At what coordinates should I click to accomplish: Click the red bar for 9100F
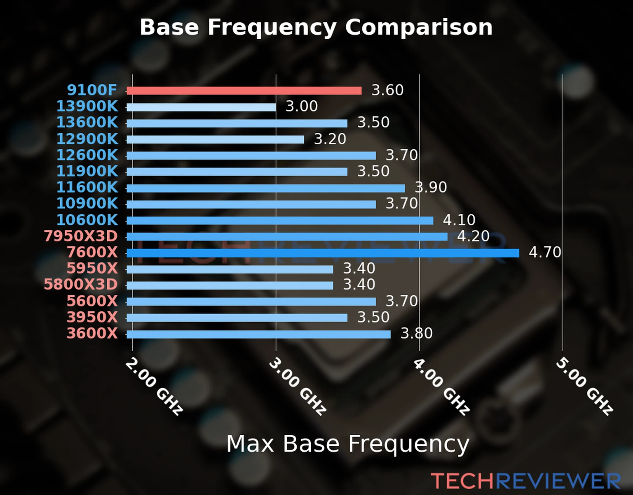coord(244,91)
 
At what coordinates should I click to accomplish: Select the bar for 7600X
coord(323,253)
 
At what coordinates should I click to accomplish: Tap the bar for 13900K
coord(201,107)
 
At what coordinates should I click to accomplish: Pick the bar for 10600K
coord(280,221)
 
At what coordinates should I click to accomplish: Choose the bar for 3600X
coord(258,334)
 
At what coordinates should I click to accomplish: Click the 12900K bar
coord(215,139)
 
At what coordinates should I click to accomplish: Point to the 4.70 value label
coord(545,252)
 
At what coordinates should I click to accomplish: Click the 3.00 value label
coord(302,106)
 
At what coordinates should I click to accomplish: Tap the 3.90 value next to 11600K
coord(431,187)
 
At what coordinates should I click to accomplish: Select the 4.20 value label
coord(473,236)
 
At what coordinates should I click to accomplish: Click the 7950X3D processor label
coord(81,236)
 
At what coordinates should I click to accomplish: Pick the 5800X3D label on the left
coord(81,285)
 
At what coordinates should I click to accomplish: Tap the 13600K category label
coord(87,123)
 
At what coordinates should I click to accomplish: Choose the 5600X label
coord(92,301)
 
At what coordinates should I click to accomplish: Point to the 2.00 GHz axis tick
coord(154,387)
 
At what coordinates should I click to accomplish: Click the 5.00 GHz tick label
coord(584,387)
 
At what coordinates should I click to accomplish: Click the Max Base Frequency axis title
coord(348,444)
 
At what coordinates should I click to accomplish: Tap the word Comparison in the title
coord(419,27)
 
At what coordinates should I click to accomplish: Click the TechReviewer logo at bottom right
coord(525,481)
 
